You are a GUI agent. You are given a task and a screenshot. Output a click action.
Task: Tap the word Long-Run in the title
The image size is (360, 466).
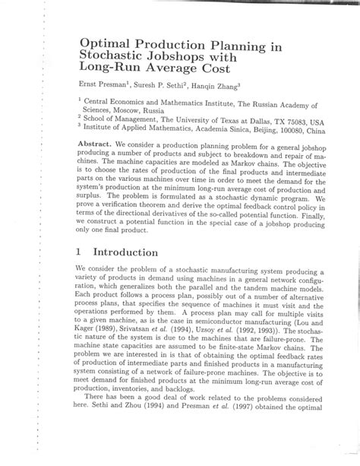tap(111, 70)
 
